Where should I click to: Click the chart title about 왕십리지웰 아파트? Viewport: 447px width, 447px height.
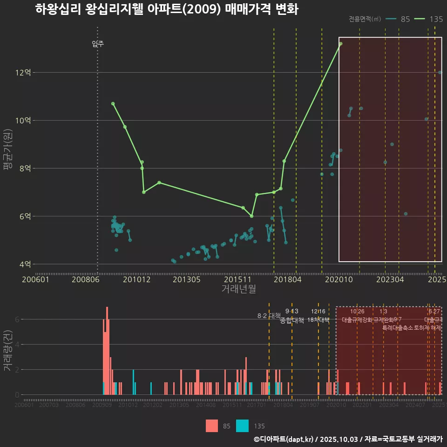[x=166, y=9]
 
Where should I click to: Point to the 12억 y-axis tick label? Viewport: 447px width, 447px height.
[x=23, y=73]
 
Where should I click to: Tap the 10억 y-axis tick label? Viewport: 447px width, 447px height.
[x=23, y=121]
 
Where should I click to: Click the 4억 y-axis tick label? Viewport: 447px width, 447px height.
[x=25, y=264]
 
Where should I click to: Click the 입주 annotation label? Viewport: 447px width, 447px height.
[x=98, y=44]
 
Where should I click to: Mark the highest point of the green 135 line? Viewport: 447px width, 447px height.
[x=340, y=43]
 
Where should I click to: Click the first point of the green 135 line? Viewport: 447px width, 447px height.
[x=113, y=103]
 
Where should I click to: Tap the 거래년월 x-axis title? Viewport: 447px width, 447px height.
[x=238, y=289]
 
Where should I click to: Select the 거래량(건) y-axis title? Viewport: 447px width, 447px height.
[x=8, y=351]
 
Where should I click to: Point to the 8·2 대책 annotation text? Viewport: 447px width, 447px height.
[x=269, y=316]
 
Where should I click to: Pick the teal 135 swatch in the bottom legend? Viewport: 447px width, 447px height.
[x=242, y=426]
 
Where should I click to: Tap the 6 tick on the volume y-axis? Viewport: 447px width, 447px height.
[x=17, y=319]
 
